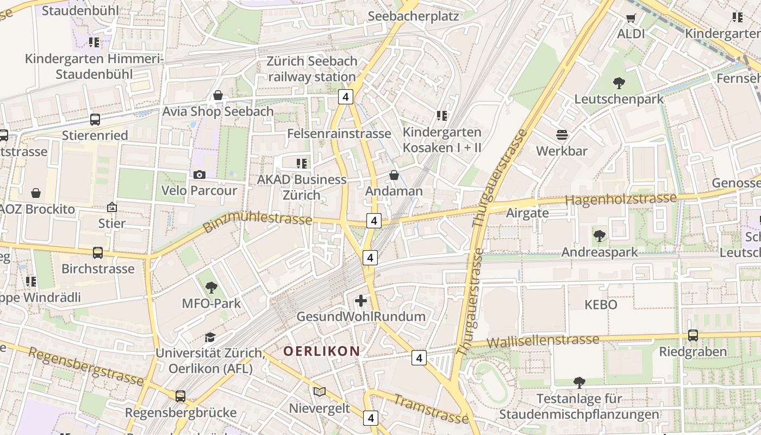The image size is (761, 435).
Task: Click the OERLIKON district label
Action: [321, 351]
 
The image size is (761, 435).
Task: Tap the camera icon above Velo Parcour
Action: [199, 175]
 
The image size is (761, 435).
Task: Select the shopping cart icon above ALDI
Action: [631, 18]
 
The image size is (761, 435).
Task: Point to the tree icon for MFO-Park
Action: [211, 288]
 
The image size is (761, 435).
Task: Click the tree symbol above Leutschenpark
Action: [619, 83]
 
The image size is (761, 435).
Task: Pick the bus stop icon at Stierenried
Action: [95, 119]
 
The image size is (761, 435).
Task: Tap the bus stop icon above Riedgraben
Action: [693, 335]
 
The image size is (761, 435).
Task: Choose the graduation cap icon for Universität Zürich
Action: [210, 338]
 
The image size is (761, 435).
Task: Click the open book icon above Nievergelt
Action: [320, 392]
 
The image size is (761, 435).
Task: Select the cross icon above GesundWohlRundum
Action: [360, 301]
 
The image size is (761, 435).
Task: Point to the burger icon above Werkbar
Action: [562, 134]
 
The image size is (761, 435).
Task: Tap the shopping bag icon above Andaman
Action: [394, 175]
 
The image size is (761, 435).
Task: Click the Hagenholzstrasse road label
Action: [621, 200]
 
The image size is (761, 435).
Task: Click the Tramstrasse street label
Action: [431, 409]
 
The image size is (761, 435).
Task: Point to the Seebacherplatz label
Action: [413, 16]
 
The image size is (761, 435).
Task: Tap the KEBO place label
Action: [601, 304]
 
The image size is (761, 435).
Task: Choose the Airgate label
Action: [527, 213]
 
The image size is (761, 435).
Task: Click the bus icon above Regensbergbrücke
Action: [180, 396]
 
